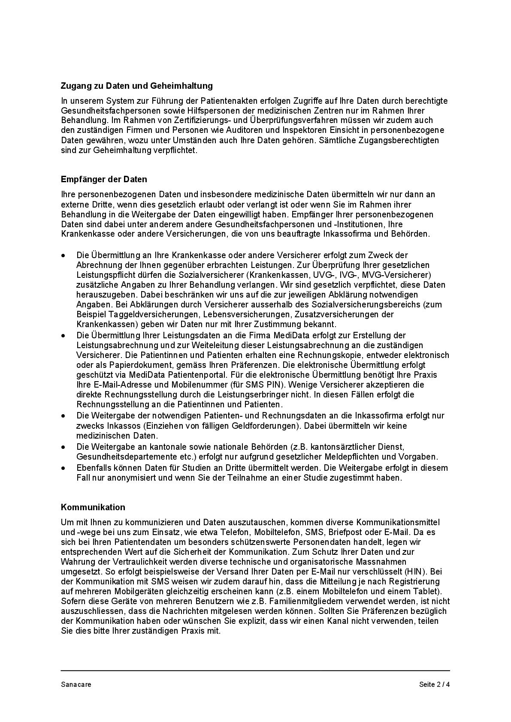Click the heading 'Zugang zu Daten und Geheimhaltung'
(x=136, y=86)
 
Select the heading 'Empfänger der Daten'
(x=104, y=179)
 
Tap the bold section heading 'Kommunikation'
(x=93, y=507)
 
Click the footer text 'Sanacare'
(x=76, y=684)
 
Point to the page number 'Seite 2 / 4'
(x=434, y=684)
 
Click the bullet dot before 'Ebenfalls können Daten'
(x=63, y=468)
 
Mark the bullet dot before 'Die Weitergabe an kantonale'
(x=63, y=447)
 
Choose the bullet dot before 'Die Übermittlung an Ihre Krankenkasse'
(x=63, y=256)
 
